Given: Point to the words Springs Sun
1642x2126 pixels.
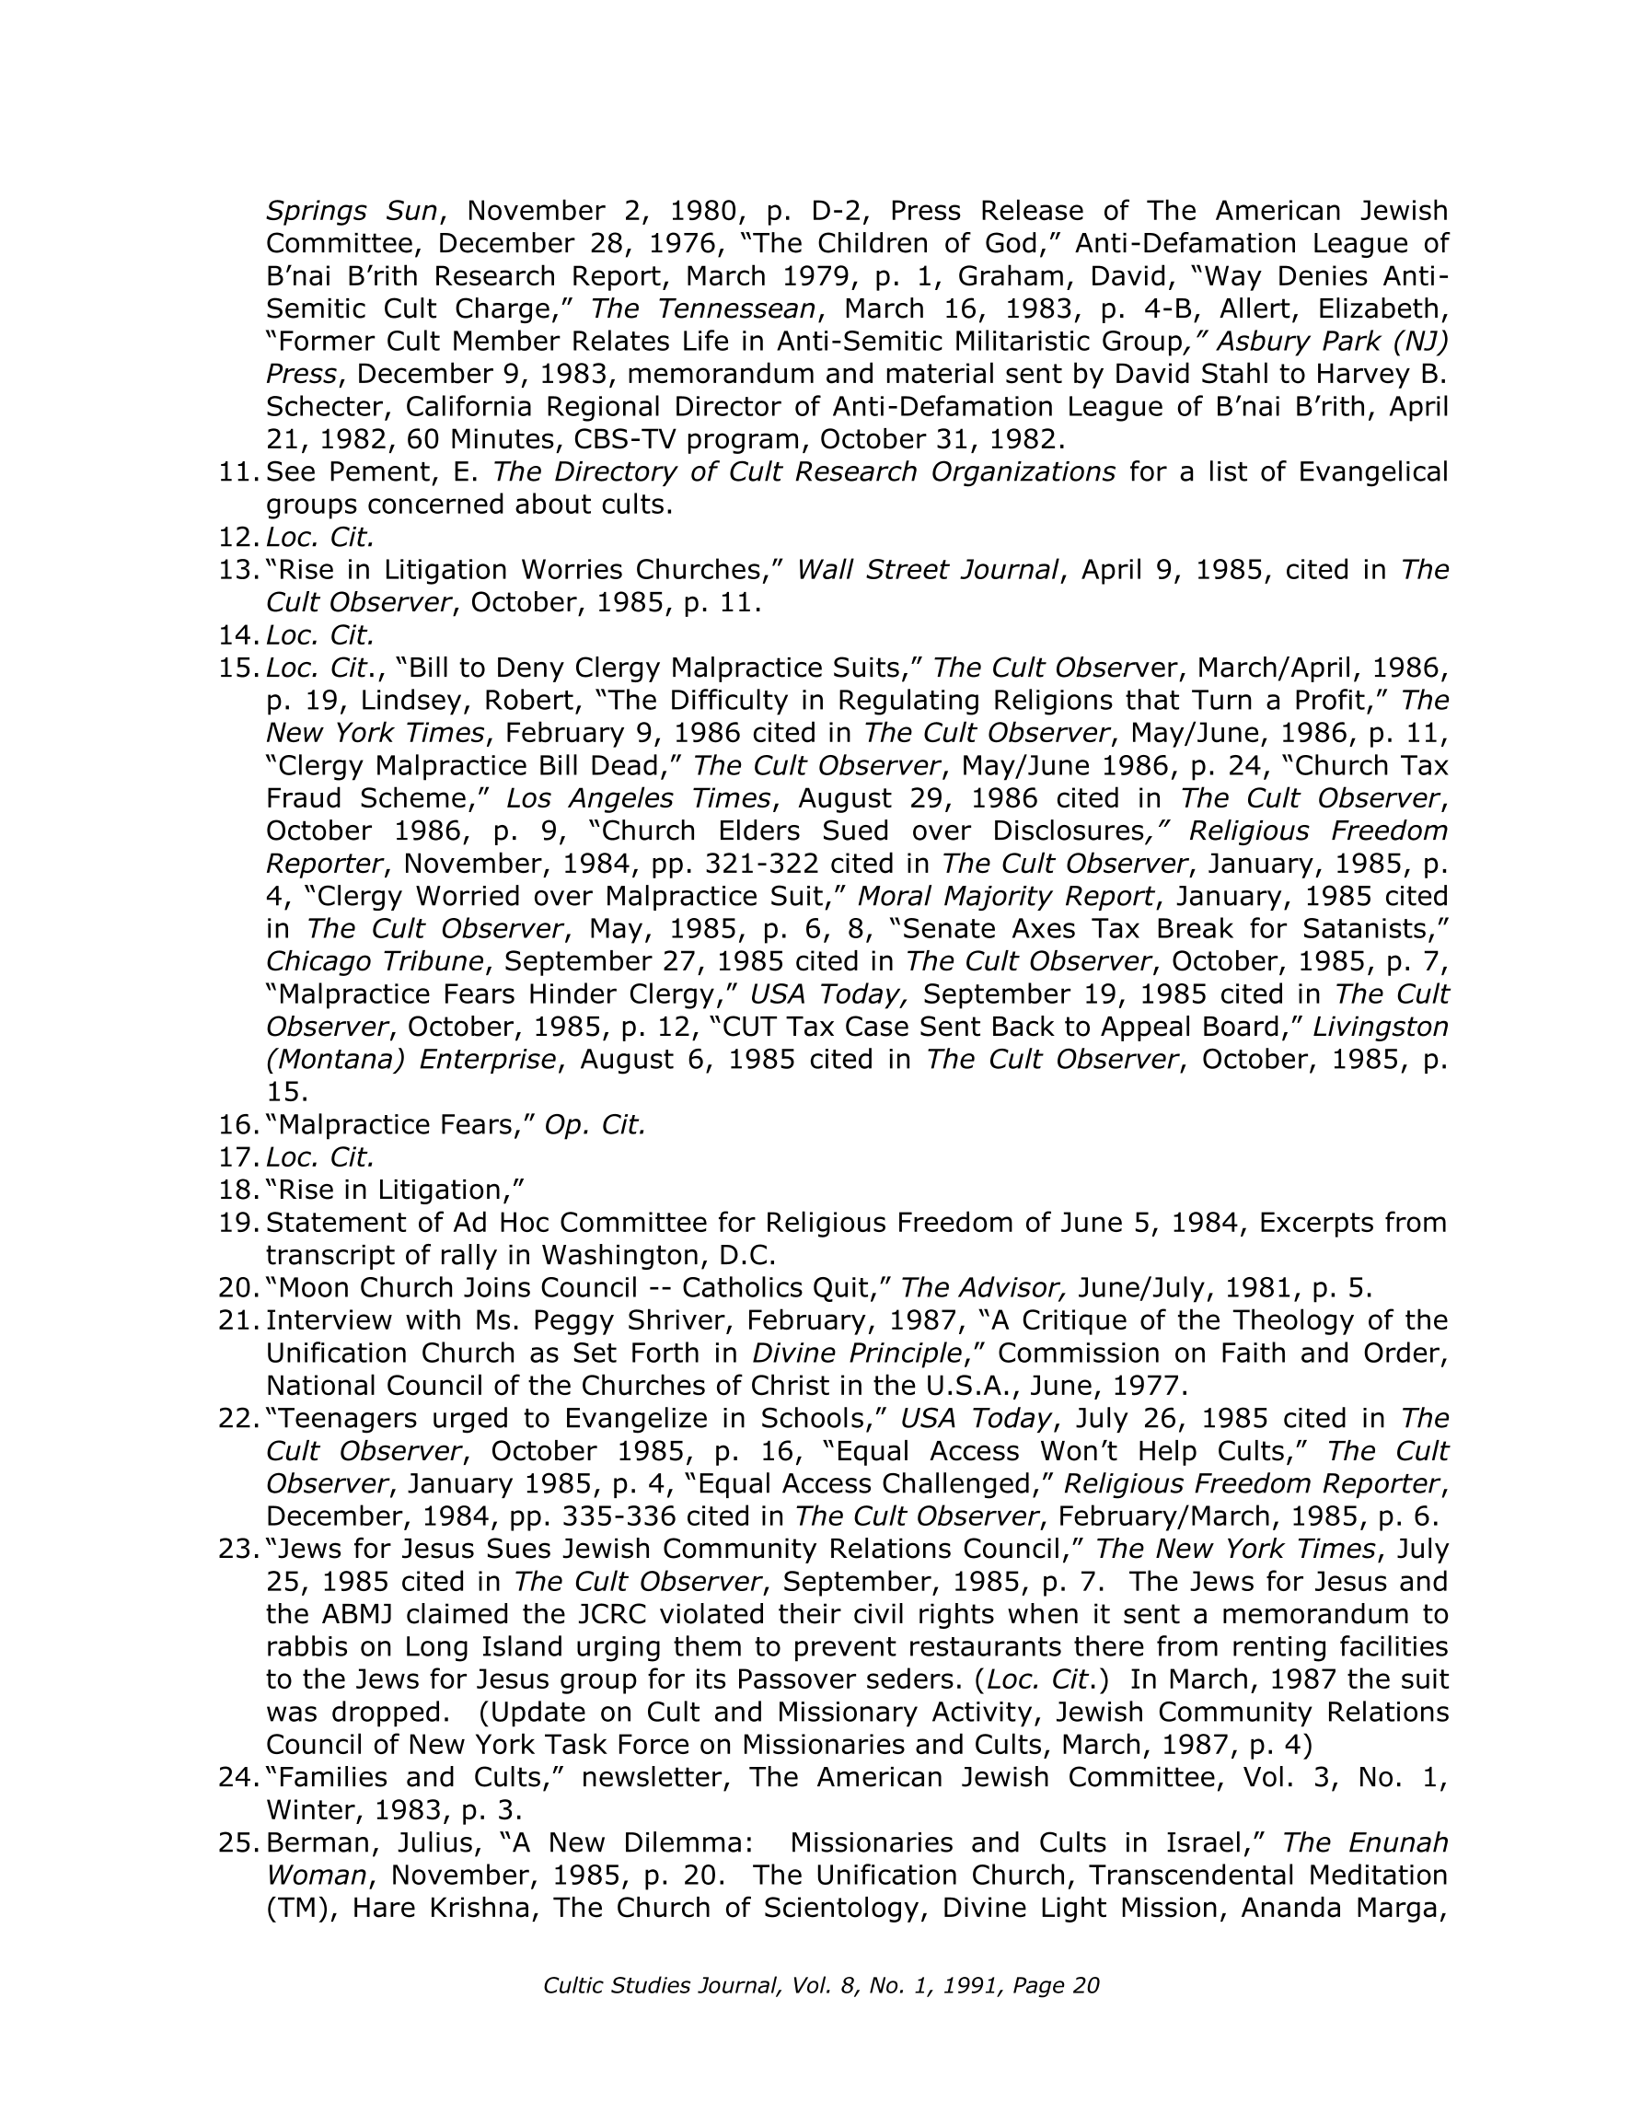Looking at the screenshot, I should (353, 211).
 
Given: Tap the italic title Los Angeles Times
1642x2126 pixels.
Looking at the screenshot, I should (639, 798).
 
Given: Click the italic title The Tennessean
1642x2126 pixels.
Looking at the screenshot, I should (703, 309).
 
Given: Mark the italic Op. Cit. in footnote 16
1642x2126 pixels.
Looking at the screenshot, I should (595, 1125).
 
